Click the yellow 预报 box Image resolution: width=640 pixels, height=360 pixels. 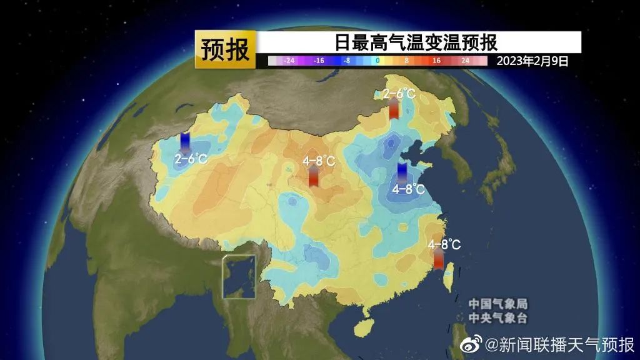[225, 49]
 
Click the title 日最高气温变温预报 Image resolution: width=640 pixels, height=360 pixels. [415, 42]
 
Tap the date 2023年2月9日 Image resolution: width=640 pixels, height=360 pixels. [532, 61]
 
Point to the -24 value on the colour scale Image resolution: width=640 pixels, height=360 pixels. [289, 61]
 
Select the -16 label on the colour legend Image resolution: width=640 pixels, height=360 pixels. [318, 61]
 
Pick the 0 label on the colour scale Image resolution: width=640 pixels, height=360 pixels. [377, 61]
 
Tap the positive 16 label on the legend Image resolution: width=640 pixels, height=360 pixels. [436, 61]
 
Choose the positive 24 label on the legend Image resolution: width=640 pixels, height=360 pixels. [465, 61]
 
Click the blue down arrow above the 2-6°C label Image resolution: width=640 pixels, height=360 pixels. [185, 143]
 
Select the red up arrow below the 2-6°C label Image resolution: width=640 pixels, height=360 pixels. [394, 109]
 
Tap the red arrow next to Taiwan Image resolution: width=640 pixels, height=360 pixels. [438, 258]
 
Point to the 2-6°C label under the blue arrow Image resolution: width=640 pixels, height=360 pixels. [191, 159]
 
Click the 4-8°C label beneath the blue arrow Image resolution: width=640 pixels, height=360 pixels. [409, 189]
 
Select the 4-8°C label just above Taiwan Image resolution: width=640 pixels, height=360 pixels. [444, 244]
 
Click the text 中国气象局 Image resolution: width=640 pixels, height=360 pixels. [498, 304]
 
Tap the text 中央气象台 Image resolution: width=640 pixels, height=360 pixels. [498, 318]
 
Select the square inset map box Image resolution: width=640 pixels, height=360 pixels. [241, 277]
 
